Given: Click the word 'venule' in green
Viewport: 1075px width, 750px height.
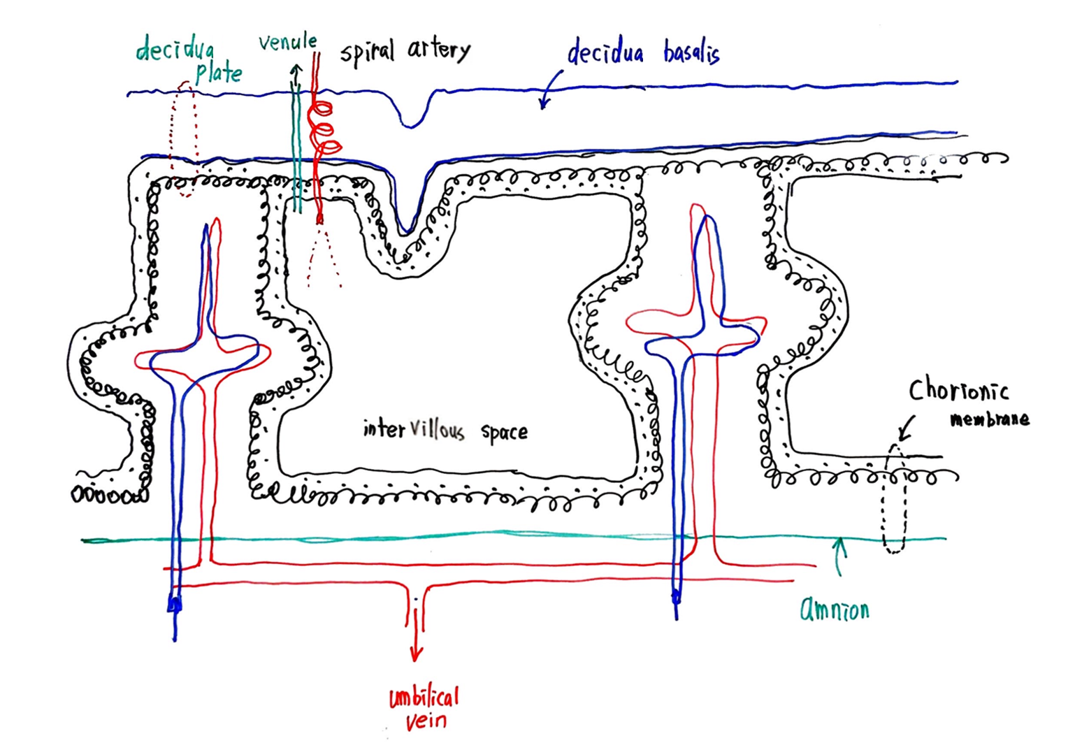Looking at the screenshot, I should [287, 43].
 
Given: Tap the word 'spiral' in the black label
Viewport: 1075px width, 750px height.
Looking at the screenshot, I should [367, 52].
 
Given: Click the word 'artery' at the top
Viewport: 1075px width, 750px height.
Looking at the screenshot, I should [439, 50].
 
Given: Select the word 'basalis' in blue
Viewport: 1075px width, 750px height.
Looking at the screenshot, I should [691, 53].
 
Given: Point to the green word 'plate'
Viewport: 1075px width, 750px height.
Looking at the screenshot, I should [219, 73].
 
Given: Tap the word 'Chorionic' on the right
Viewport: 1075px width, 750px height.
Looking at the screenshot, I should [958, 391].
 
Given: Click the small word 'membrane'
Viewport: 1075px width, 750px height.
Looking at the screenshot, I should [989, 419].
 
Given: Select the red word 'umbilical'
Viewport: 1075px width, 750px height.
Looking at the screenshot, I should [424, 697].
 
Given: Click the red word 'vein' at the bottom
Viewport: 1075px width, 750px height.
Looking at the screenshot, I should [426, 720].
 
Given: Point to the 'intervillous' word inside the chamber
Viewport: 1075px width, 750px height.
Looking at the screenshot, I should [413, 428].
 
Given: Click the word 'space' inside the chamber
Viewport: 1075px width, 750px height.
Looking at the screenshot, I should [504, 432].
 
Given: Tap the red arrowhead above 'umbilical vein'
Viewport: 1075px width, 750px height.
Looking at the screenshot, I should [416, 654].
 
